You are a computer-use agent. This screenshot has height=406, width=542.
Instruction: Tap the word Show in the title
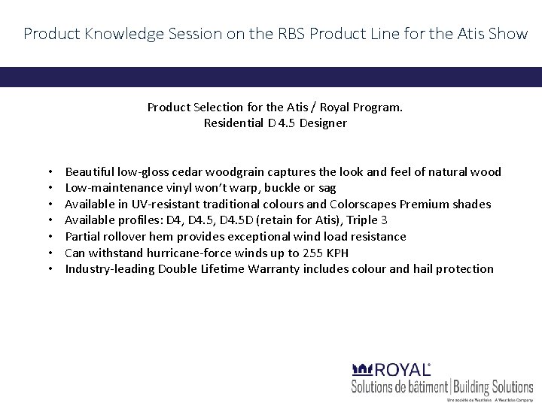coord(507,34)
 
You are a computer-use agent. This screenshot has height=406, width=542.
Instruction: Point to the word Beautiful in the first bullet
coord(90,172)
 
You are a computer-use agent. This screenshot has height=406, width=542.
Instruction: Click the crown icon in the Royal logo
coord(362,369)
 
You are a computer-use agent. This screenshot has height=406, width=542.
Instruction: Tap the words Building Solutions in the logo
coord(492,387)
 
